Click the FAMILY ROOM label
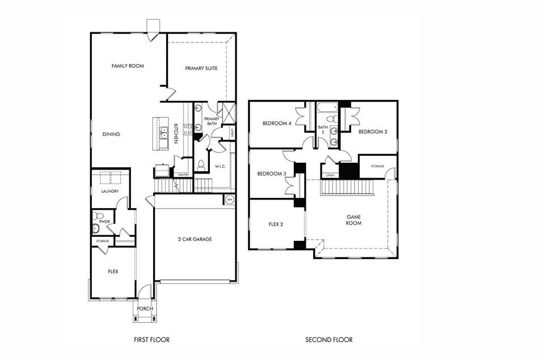click(x=128, y=66)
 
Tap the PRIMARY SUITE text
click(x=201, y=68)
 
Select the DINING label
click(x=111, y=134)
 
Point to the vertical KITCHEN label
click(x=176, y=133)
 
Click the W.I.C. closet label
click(x=220, y=167)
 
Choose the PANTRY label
click(x=183, y=175)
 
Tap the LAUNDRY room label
click(x=110, y=192)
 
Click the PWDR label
click(x=104, y=222)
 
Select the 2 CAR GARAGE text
click(x=194, y=239)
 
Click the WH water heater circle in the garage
click(x=230, y=200)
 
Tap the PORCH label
click(x=144, y=309)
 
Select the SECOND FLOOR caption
click(x=329, y=340)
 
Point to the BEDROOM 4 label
click(x=277, y=123)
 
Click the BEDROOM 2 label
click(x=373, y=132)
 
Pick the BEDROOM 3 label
click(x=271, y=173)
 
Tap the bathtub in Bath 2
click(x=326, y=107)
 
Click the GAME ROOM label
click(x=355, y=220)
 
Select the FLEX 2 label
click(x=276, y=224)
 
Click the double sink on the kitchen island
click(x=163, y=133)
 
